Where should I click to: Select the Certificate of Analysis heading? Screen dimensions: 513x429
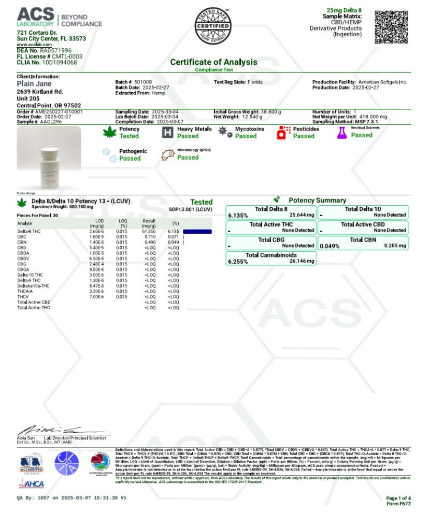click(x=213, y=62)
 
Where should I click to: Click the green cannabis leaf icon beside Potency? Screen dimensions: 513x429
click(x=110, y=133)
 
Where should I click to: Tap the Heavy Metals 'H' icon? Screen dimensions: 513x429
click(x=167, y=133)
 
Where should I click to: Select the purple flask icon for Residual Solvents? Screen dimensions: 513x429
click(x=341, y=133)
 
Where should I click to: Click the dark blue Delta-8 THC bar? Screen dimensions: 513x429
click(x=197, y=231)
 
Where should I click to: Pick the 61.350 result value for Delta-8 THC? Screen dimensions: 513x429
click(x=149, y=231)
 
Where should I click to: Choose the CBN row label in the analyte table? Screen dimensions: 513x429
click(x=22, y=242)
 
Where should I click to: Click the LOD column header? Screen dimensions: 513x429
click(x=97, y=221)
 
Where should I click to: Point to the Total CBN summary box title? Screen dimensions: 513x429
click(x=363, y=240)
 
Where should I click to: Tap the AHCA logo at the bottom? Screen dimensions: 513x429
click(x=31, y=484)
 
